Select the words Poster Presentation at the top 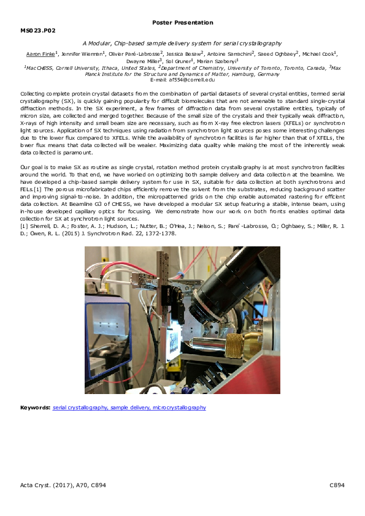coord(182,23)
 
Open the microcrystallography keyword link coord(175,408)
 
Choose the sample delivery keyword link coord(127,408)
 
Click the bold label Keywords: coord(36,408)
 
